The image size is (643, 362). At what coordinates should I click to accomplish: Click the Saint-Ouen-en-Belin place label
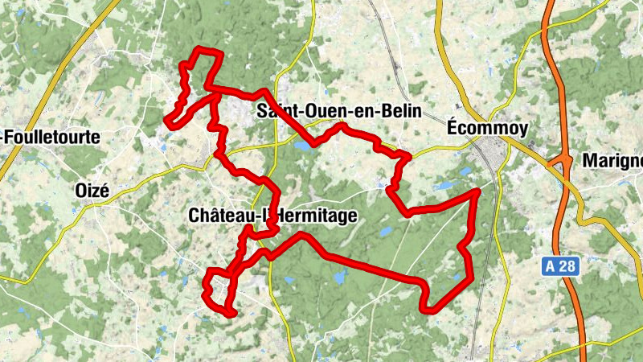click(338, 113)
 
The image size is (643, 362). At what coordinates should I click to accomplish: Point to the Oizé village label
click(91, 191)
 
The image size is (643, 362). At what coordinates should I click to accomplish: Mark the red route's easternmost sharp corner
click(477, 191)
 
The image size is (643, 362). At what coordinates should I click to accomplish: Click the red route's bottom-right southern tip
click(429, 308)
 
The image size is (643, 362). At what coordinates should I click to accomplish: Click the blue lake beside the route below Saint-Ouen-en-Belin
click(303, 146)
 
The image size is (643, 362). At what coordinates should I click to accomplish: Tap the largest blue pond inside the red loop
click(338, 278)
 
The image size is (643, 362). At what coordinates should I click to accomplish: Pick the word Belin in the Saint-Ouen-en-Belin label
click(399, 113)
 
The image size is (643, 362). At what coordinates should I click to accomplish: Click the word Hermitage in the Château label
click(313, 216)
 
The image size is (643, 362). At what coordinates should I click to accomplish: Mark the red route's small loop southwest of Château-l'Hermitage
click(218, 290)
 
